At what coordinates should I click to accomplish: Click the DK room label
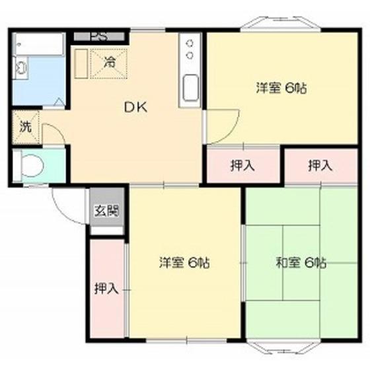coord(135,107)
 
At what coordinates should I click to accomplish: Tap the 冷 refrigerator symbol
coord(109,63)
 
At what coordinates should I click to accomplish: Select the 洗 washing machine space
coord(26,127)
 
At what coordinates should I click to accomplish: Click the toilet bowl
coord(32,165)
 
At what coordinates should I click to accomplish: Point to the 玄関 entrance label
coord(106,211)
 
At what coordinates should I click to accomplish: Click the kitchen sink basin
coord(191,88)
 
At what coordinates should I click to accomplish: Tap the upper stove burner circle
coord(190,44)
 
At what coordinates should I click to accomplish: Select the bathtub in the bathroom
coord(39,44)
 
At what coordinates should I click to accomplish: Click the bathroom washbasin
coord(20,67)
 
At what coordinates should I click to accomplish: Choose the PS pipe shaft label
coord(99,36)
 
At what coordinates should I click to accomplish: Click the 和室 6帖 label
coord(301,263)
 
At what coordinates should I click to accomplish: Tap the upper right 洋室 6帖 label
coord(281,89)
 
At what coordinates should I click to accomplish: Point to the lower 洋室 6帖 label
coord(184,263)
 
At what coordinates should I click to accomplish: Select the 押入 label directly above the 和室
coord(320,165)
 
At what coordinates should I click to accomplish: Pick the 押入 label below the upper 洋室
coord(242,165)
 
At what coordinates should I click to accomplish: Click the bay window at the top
coord(280,24)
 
